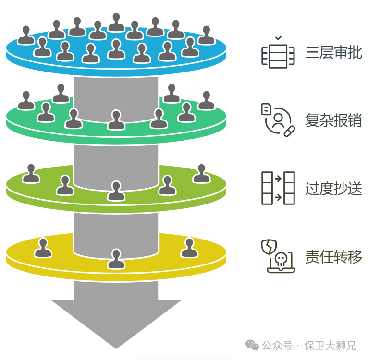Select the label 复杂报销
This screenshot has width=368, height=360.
tap(333, 120)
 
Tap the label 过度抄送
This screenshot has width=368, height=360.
tap(333, 188)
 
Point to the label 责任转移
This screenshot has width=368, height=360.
tap(333, 256)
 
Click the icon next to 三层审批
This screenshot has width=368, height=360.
tap(277, 53)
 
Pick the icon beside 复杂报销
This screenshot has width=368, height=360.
tap(277, 120)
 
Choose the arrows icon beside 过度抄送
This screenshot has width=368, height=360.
tap(277, 188)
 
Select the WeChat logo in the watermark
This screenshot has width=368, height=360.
tap(251, 345)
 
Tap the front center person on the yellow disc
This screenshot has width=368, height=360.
tap(116, 259)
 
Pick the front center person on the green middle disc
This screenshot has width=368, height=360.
tap(116, 120)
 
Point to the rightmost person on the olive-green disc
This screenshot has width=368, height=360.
tap(202, 174)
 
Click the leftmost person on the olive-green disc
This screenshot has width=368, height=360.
tap(31, 174)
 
